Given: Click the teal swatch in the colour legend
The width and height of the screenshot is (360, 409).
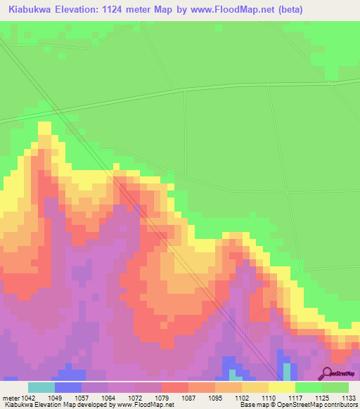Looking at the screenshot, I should click(x=41, y=387).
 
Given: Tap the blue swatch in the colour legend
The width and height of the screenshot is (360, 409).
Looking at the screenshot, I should click(x=68, y=387).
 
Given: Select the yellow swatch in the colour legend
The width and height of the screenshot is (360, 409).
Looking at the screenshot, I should click(x=281, y=387).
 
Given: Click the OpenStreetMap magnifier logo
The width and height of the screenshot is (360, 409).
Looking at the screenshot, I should click(x=326, y=372).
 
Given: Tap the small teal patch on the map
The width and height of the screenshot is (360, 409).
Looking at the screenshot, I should click(x=286, y=371).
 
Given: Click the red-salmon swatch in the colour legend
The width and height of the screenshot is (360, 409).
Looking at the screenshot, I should click(x=175, y=387).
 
